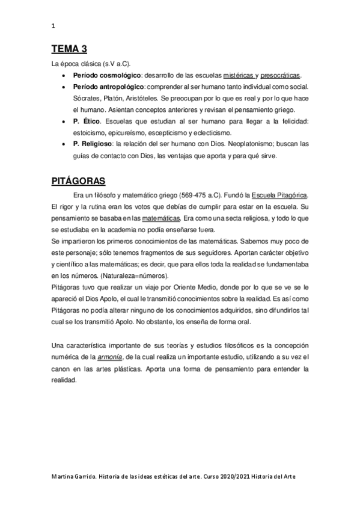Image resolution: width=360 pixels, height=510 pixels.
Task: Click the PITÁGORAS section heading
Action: click(x=79, y=180)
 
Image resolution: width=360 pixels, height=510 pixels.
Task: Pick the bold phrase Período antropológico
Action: click(x=103, y=88)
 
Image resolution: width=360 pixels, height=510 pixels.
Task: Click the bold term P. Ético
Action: click(x=86, y=122)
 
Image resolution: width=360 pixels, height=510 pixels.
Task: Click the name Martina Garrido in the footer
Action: click(x=72, y=476)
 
